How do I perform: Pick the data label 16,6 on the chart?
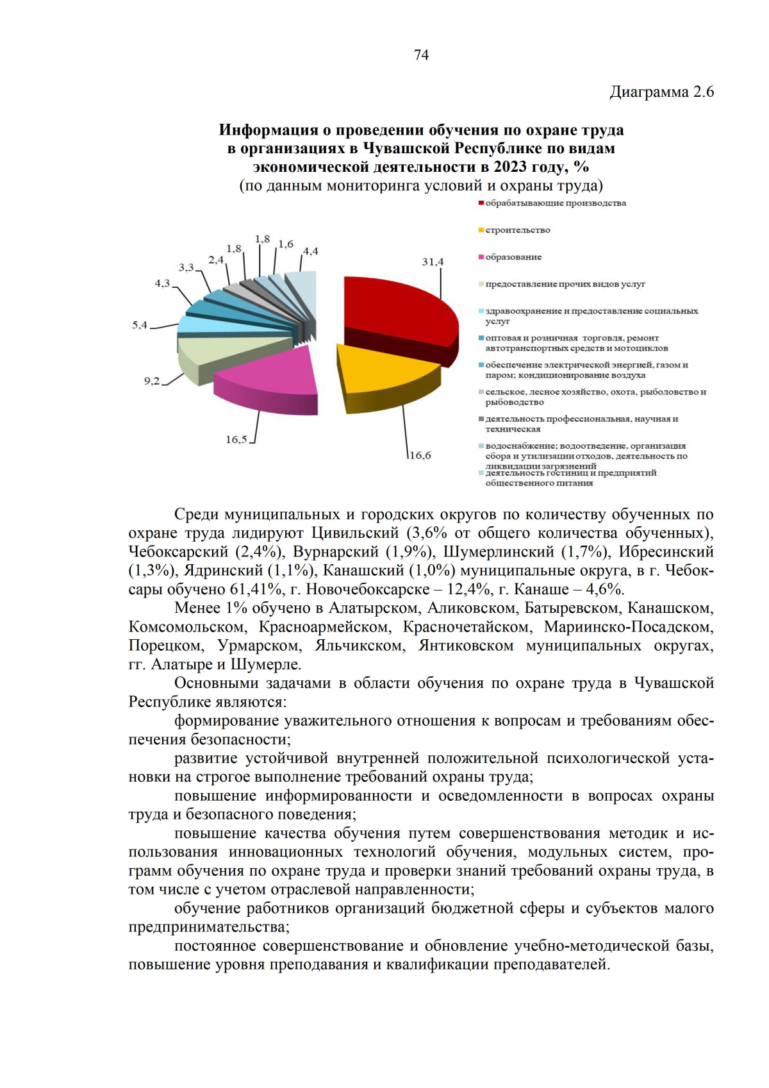(x=420, y=455)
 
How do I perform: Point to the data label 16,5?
(x=236, y=439)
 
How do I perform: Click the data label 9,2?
(x=151, y=381)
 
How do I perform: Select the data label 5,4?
(x=140, y=325)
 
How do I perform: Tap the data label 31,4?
(x=433, y=262)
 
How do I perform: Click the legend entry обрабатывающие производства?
(x=555, y=203)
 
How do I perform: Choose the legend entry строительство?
(x=517, y=230)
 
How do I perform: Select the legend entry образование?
(x=513, y=257)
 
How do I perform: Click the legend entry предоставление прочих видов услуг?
(x=565, y=284)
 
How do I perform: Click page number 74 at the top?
(x=421, y=55)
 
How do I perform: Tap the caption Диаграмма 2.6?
(x=661, y=92)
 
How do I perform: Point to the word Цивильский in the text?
(x=355, y=533)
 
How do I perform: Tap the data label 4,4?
(x=310, y=251)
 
